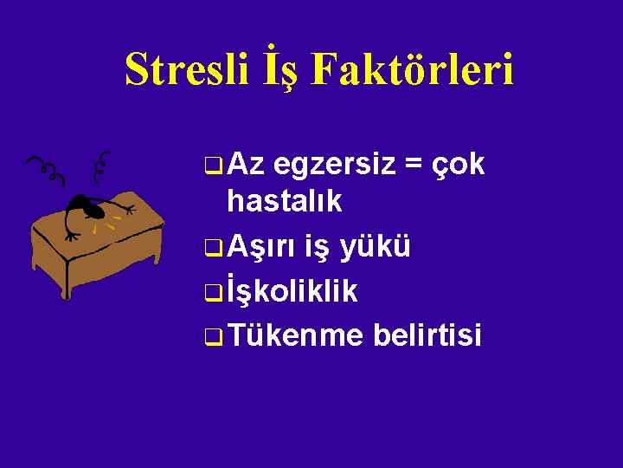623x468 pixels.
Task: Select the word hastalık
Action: [284, 203]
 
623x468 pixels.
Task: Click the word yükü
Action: [376, 246]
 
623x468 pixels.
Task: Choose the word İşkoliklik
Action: [292, 291]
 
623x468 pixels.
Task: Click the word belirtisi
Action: [427, 335]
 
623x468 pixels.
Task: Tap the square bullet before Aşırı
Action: [214, 249]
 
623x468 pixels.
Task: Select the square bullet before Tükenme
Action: [214, 336]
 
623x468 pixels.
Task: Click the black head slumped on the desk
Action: [82, 205]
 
